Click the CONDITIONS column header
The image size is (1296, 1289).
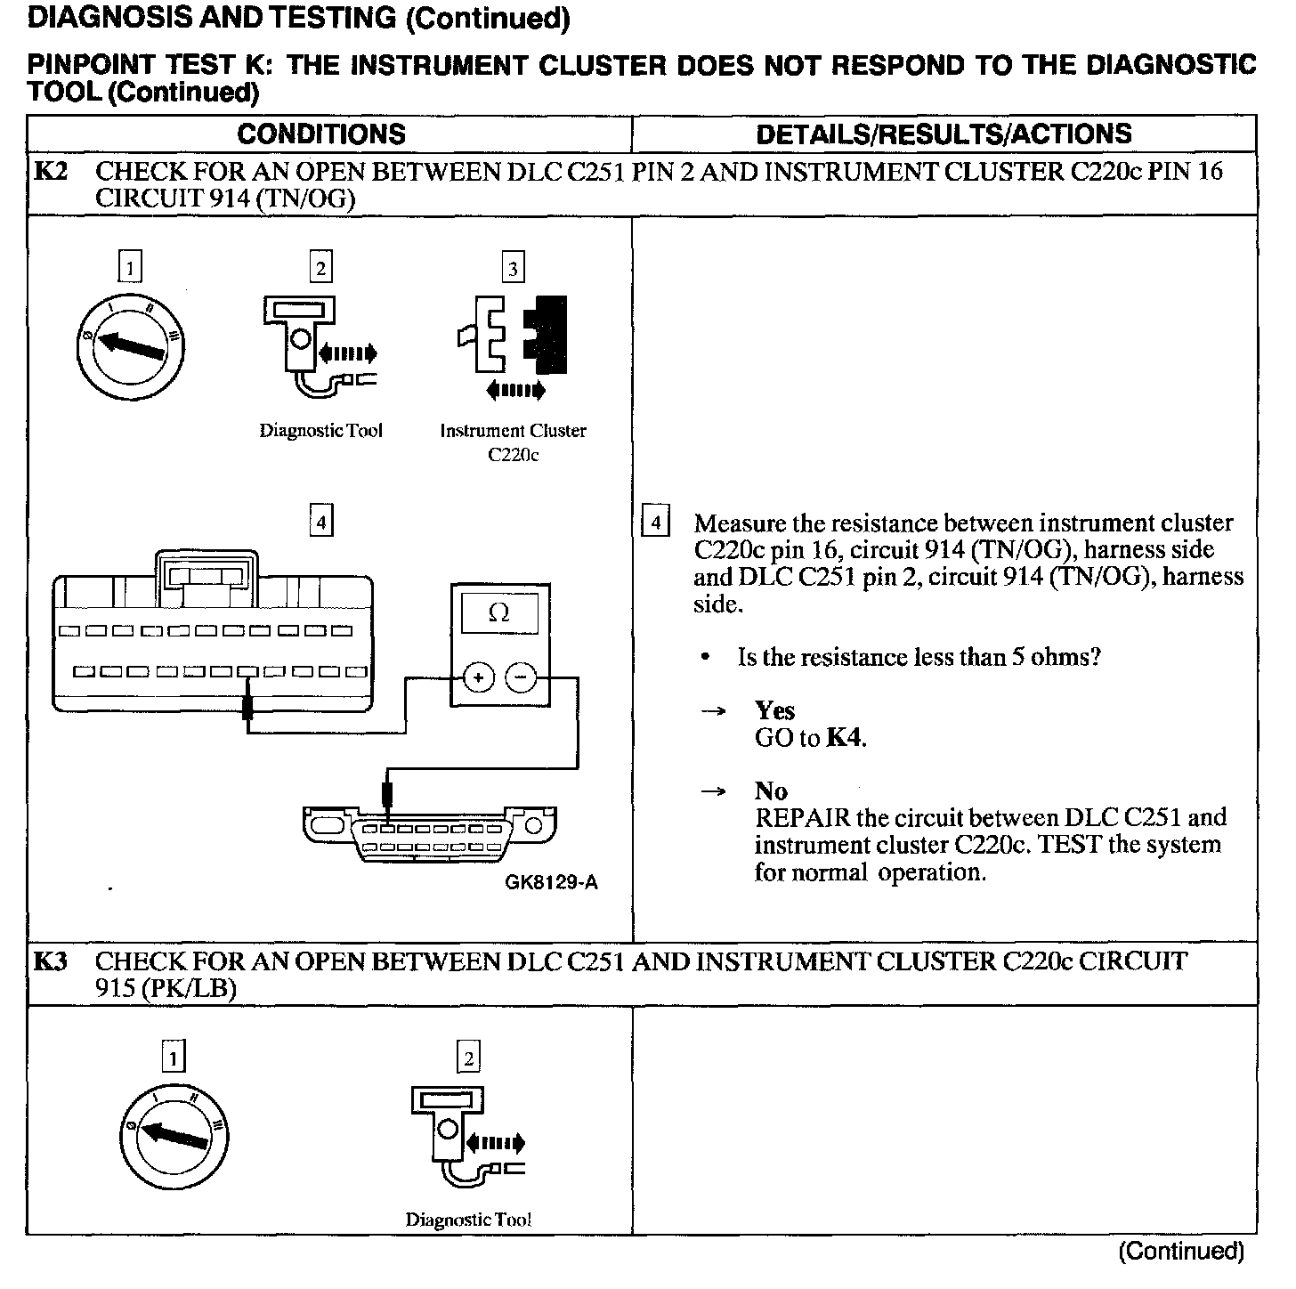point(321,134)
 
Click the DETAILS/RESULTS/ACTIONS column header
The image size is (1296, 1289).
point(944,134)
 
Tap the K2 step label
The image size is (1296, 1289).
point(51,171)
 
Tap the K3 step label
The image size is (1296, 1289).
point(51,961)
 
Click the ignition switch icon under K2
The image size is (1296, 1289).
point(130,345)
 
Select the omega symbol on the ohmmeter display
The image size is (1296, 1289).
point(499,613)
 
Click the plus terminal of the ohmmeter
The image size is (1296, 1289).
point(478,678)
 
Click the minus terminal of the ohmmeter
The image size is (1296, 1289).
point(522,678)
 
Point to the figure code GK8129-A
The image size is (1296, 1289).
point(551,882)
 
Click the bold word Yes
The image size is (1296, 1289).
point(774,710)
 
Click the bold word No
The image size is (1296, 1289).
point(771,791)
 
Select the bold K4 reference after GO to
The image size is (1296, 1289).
point(845,738)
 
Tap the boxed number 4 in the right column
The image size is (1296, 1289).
point(655,522)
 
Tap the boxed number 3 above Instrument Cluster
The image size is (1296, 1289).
point(513,267)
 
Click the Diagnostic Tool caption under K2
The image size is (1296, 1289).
point(320,431)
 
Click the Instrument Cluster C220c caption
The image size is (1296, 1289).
point(513,442)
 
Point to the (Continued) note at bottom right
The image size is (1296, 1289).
point(1180,1251)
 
